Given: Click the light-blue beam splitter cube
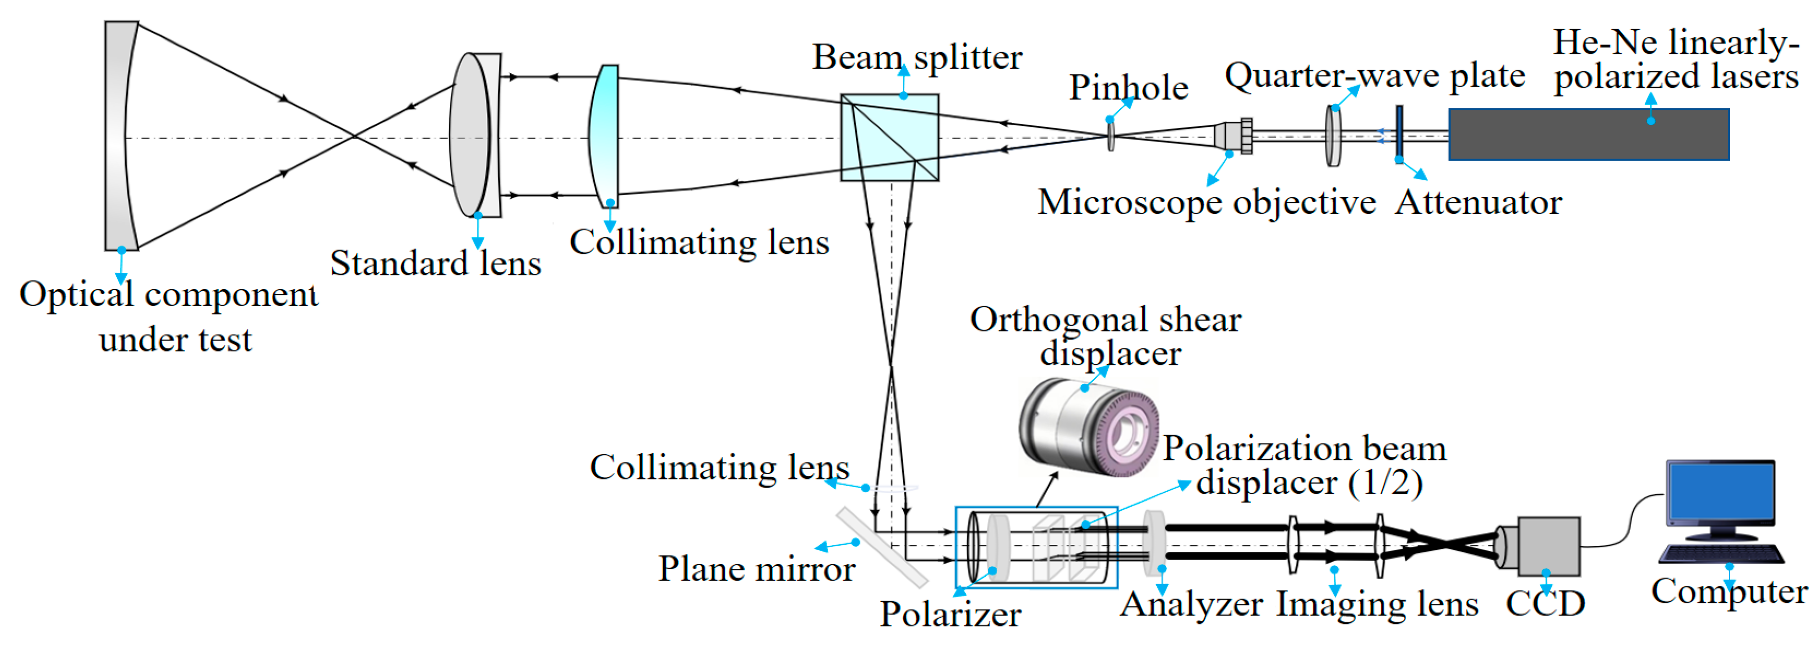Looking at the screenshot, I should (x=889, y=138).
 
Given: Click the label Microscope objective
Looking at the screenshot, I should (x=1206, y=203).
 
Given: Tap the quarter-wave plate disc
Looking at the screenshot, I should (x=1332, y=136).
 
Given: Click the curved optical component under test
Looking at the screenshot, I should (x=119, y=136).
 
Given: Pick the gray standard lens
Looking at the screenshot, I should (x=471, y=136).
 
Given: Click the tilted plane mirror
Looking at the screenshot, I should (x=882, y=547).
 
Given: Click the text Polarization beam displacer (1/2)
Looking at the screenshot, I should (x=1305, y=466).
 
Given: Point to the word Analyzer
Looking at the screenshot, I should (x=1191, y=605).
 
